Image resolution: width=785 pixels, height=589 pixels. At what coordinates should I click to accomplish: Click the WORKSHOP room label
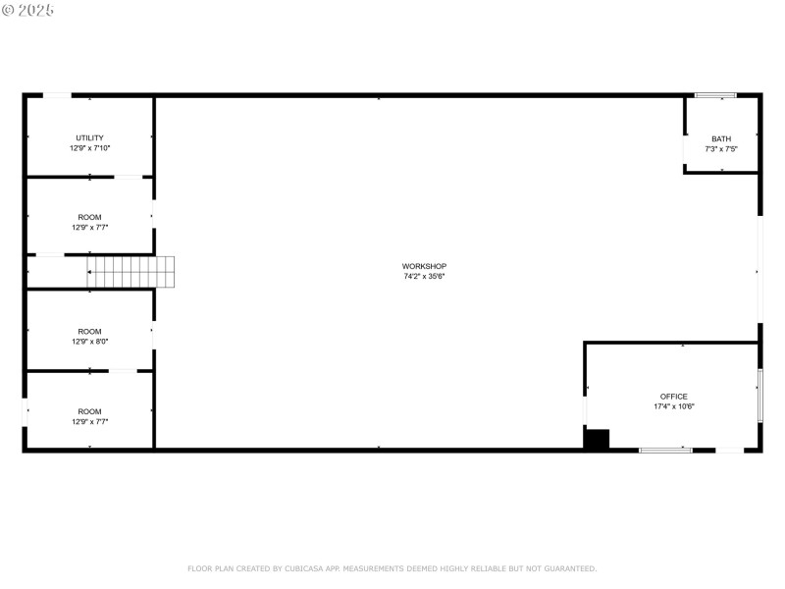click(424, 266)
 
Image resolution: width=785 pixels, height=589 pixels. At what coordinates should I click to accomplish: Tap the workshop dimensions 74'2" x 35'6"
click(424, 276)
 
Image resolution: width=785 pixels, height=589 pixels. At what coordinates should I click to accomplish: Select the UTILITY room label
click(89, 137)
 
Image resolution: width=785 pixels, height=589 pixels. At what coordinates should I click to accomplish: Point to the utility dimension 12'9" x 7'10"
click(89, 147)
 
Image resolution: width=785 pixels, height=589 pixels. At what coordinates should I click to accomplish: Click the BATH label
click(721, 138)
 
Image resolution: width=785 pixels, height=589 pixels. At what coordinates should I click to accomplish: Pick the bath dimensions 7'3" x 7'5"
click(721, 148)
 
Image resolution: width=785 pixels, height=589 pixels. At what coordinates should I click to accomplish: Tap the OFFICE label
click(673, 397)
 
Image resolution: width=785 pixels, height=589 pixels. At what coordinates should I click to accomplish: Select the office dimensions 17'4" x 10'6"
click(674, 406)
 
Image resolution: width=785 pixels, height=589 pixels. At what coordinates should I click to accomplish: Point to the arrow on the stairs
click(91, 272)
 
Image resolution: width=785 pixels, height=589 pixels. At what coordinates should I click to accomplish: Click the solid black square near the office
click(597, 439)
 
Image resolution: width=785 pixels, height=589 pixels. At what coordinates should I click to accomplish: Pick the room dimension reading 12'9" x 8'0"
click(89, 342)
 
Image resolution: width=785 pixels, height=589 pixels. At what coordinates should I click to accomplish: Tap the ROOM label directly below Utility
click(89, 217)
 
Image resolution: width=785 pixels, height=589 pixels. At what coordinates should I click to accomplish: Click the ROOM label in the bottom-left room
click(89, 411)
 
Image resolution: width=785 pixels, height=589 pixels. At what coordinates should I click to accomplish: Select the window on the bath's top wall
click(715, 95)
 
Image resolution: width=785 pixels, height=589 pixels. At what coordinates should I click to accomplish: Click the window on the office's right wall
click(759, 395)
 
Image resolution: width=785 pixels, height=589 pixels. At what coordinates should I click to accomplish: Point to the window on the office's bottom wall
click(665, 450)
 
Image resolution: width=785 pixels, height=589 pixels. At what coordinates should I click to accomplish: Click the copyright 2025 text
click(28, 10)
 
